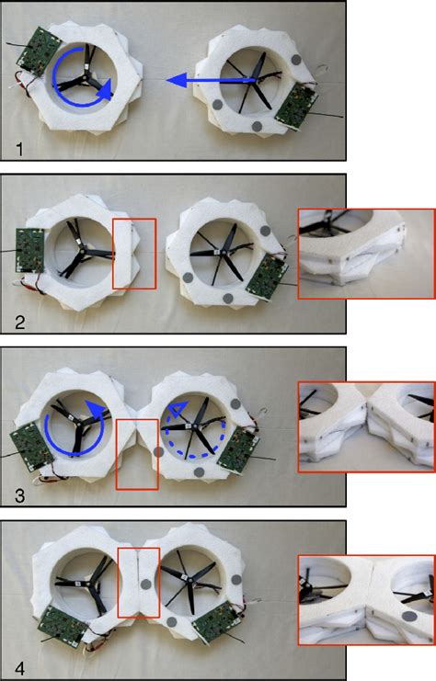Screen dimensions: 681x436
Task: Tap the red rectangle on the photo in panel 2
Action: click(x=134, y=254)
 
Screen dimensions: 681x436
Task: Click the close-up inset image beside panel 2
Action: click(x=366, y=254)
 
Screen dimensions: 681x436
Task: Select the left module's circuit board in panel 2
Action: click(x=31, y=249)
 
